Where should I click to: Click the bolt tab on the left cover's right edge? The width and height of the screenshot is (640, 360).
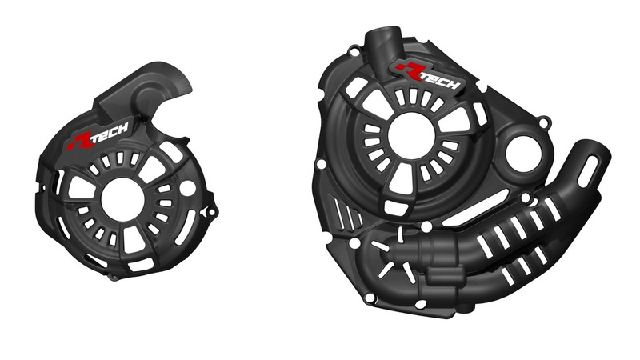click(211, 212)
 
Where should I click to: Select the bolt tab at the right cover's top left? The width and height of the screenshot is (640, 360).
click(353, 52)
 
